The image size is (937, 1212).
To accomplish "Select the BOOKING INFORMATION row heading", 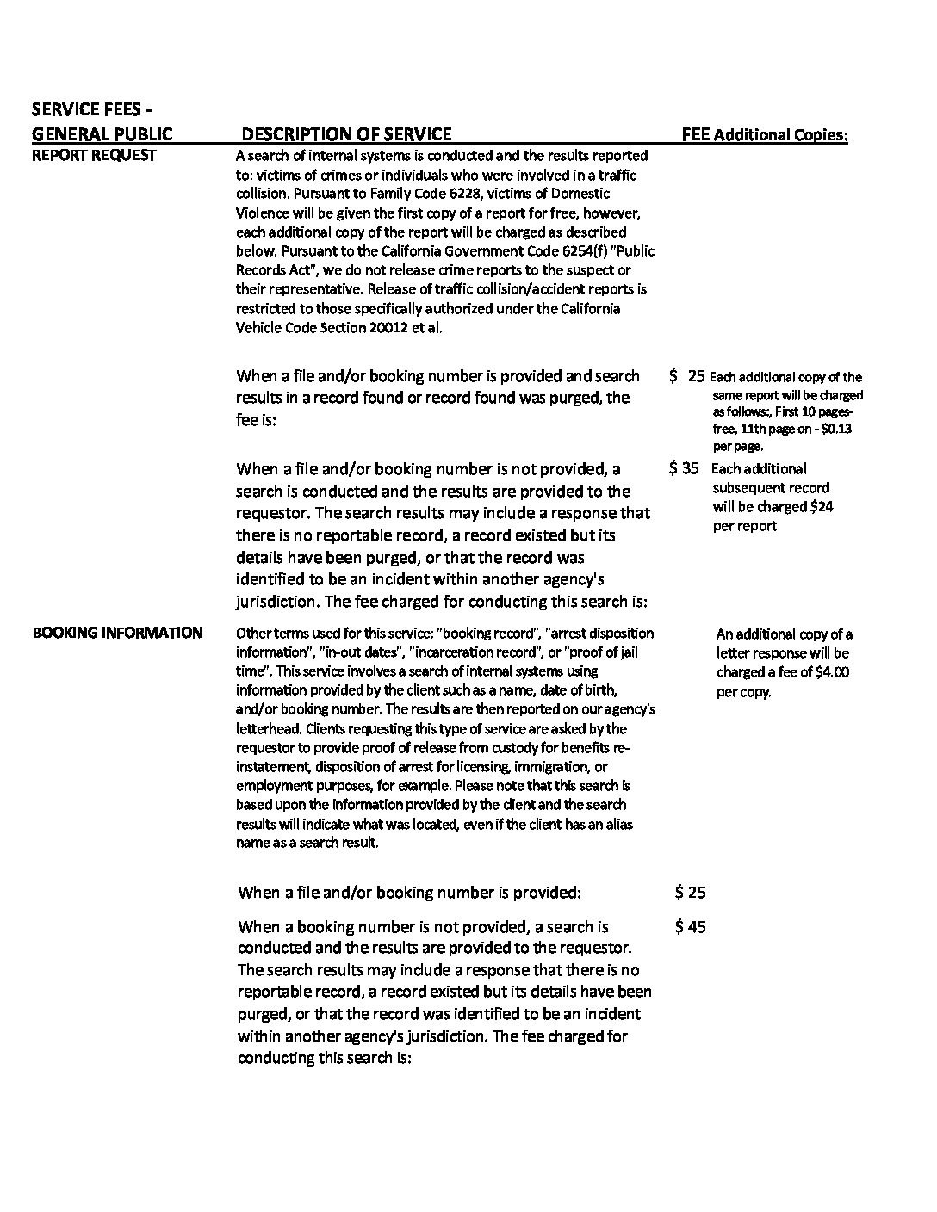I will coord(117,633).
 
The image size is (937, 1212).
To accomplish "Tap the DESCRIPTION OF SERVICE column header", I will coord(346,133).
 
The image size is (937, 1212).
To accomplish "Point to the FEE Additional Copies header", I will coord(764,134).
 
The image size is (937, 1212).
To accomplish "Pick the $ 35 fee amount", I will coord(684,469).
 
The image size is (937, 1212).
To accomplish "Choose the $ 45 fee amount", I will coord(691,927).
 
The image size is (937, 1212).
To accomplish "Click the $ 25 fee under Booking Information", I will coord(691,893).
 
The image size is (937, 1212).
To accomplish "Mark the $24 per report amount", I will coord(822,507).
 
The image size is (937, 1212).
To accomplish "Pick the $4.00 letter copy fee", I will coord(832,672).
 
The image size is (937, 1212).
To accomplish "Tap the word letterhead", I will coord(270,728).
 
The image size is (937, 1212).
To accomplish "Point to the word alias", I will coord(617,824).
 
